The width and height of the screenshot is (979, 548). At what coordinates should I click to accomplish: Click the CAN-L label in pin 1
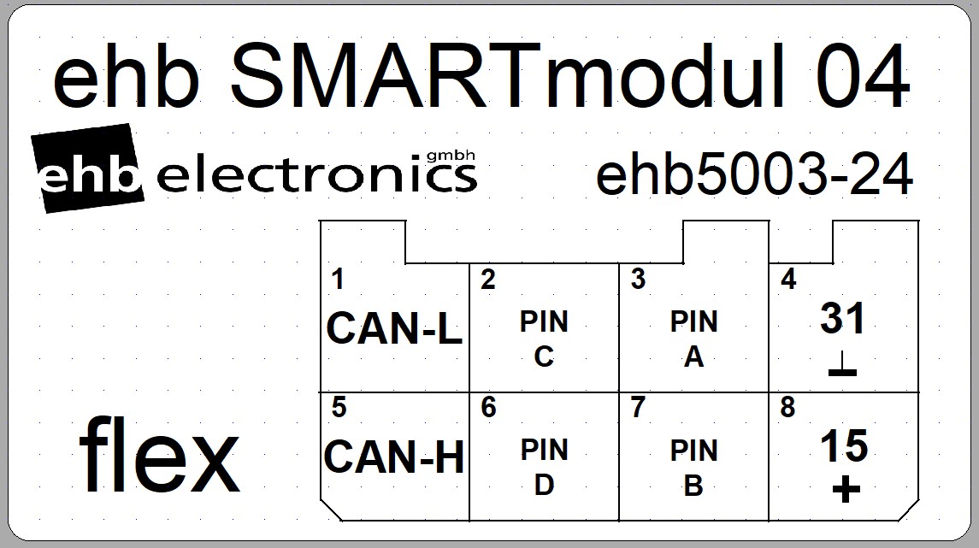[x=394, y=328]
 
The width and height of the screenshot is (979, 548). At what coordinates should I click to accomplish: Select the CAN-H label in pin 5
[x=394, y=457]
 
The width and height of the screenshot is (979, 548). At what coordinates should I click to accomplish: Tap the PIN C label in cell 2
[x=544, y=339]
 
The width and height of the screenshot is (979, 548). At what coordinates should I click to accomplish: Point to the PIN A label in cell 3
[x=693, y=339]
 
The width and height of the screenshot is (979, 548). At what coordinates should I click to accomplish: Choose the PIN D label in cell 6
[x=544, y=467]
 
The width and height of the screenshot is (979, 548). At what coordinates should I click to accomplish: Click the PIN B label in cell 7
[x=693, y=467]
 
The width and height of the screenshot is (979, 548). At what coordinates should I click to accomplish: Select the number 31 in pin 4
[x=843, y=319]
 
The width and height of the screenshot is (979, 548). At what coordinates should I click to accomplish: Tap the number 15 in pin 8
[x=844, y=445]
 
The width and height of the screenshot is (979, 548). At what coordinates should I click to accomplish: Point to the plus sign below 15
[x=845, y=490]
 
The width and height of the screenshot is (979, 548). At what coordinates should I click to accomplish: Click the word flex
[x=160, y=455]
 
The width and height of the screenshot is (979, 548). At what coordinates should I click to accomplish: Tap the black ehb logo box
[x=87, y=169]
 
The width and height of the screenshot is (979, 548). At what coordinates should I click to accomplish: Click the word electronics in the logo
[x=318, y=176]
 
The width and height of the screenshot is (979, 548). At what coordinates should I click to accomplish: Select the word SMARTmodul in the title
[x=506, y=77]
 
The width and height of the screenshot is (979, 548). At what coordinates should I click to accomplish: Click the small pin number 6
[x=488, y=408]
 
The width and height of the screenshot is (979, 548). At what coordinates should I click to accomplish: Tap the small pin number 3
[x=638, y=280]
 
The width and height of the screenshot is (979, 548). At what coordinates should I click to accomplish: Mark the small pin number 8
[x=787, y=408]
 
